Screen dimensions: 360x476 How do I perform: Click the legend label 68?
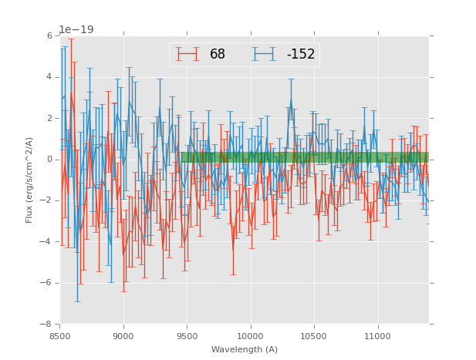tap(218, 55)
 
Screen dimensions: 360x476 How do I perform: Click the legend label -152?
tap(301, 55)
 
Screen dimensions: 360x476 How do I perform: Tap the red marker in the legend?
tap(187, 55)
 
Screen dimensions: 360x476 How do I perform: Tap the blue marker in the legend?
tap(264, 55)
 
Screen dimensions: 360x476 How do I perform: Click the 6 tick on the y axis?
tap(49, 36)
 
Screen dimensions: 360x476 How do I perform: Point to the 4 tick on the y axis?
tap(49, 77)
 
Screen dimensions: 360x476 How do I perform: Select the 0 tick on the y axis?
tap(49, 160)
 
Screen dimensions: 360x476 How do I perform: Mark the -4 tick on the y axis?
tap(47, 242)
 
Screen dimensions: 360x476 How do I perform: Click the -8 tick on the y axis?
tap(47, 324)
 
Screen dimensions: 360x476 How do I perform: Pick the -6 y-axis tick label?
tap(47, 283)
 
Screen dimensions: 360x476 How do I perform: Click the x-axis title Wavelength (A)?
tap(245, 350)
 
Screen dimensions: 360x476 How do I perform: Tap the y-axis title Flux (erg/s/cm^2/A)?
tap(29, 180)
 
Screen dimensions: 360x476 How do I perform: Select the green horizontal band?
tap(305, 157)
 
